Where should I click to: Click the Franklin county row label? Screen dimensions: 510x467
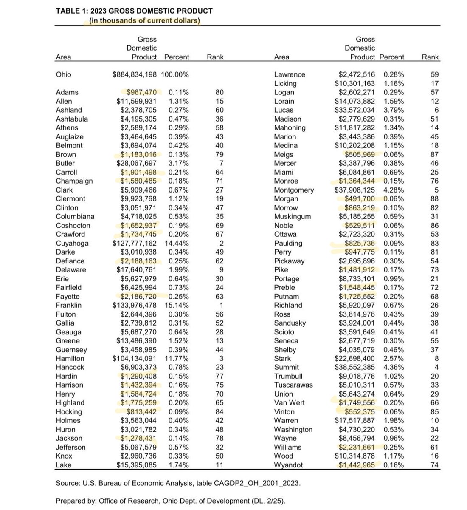(x=69, y=305)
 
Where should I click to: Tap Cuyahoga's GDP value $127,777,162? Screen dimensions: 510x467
(x=135, y=243)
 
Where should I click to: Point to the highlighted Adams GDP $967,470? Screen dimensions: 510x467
(x=141, y=92)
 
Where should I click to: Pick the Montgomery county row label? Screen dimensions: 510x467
(x=294, y=190)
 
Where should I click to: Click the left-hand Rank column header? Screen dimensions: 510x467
(x=215, y=57)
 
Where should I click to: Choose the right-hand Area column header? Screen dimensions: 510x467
(x=282, y=57)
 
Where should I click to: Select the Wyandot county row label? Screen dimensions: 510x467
(x=289, y=465)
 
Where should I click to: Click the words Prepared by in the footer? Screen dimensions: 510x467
(x=75, y=501)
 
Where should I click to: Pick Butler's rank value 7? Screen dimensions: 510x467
(x=221, y=163)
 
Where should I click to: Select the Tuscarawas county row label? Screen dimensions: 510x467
(x=293, y=385)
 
